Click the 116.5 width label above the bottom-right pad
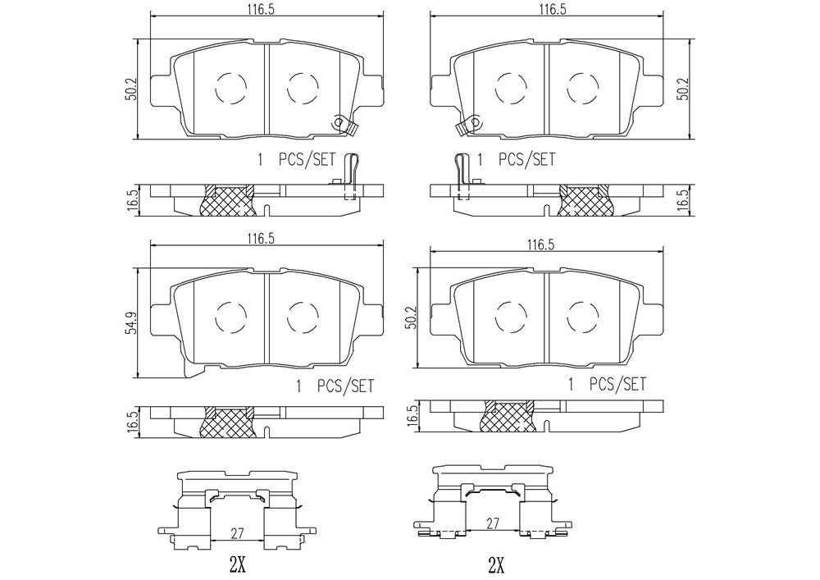pyautogui.click(x=536, y=244)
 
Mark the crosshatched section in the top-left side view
pyautogui.click(x=228, y=201)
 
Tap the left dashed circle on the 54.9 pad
pyautogui.click(x=229, y=314)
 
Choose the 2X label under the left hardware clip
pyautogui.click(x=238, y=565)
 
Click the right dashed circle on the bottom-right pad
pyautogui.click(x=581, y=314)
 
